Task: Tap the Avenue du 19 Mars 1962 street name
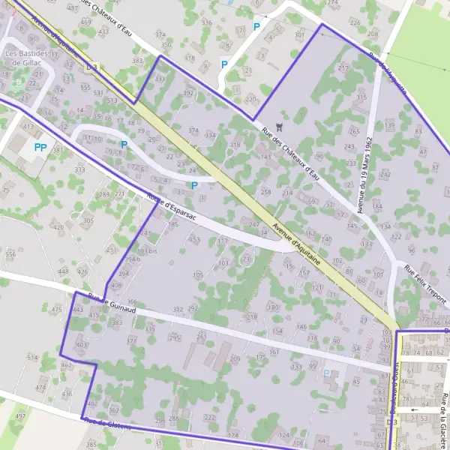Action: click(365, 175)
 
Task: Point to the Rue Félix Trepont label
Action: click(425, 284)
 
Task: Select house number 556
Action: click(10, 254)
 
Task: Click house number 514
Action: click(32, 358)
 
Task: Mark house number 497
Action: click(20, 415)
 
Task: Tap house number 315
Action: click(361, 97)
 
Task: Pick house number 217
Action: click(343, 68)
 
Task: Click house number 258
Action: click(265, 192)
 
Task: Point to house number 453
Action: click(194, 239)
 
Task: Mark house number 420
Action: click(58, 226)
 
